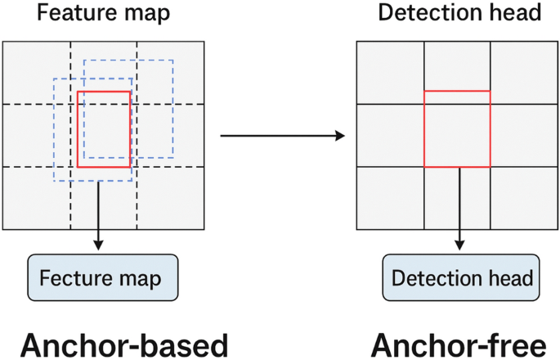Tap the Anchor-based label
coord(124,345)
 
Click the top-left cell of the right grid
coord(391,71)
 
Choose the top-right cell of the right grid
coord(523,71)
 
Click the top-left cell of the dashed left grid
coord(37,71)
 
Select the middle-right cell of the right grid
coord(523,135)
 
